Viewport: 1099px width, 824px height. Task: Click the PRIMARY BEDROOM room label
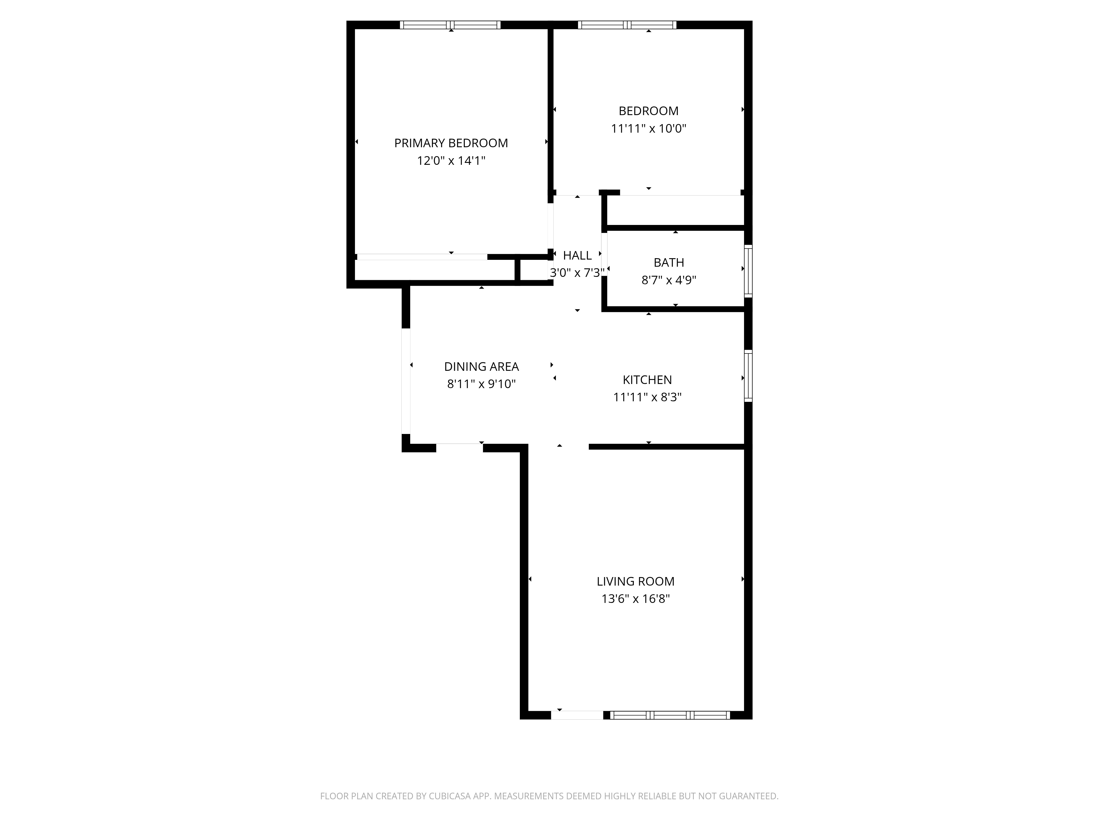point(451,143)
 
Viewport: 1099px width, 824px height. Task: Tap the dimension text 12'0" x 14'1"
point(451,160)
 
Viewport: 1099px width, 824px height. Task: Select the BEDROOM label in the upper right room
point(648,111)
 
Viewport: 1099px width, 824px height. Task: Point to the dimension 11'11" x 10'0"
point(648,128)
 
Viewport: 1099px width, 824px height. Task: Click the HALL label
point(577,255)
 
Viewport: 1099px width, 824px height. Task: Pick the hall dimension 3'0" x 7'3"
point(577,273)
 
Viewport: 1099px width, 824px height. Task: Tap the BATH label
point(669,262)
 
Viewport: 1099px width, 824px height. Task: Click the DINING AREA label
point(481,367)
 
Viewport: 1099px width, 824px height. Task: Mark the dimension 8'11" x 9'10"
point(481,384)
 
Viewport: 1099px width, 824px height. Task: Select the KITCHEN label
point(647,380)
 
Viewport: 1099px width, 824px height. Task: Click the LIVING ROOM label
point(635,581)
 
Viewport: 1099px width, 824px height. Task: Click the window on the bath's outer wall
point(748,271)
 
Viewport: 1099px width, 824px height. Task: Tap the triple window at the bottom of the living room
point(670,715)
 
